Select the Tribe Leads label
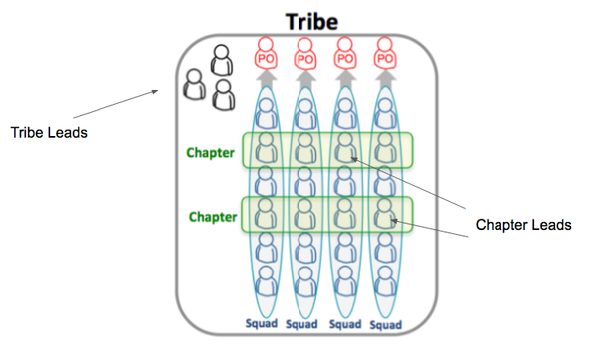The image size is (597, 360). click(47, 131)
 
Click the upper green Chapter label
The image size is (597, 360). click(211, 153)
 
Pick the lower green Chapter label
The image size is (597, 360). click(211, 215)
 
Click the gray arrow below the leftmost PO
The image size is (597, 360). click(266, 79)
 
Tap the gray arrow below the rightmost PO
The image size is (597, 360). click(383, 79)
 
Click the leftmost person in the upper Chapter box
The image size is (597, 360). click(266, 151)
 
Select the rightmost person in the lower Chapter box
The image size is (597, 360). click(384, 213)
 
